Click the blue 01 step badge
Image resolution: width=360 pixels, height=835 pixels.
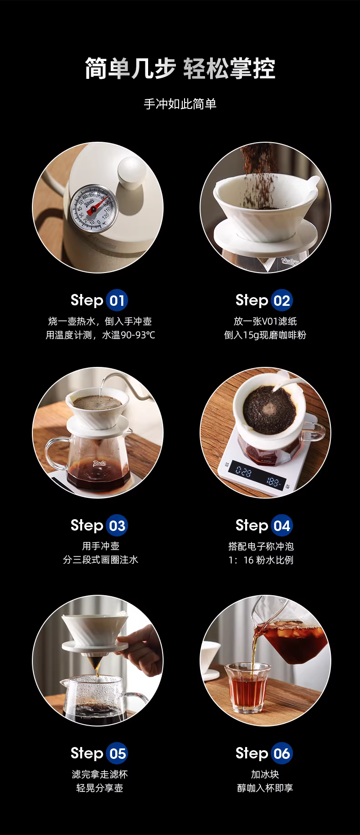pyautogui.click(x=117, y=301)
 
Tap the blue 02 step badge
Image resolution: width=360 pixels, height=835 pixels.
pyautogui.click(x=282, y=301)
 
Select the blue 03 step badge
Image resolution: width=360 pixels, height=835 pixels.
pyautogui.click(x=117, y=526)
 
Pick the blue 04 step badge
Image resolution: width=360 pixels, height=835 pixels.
pyautogui.click(x=282, y=526)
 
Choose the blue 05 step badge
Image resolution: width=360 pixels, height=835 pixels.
pyautogui.click(x=117, y=754)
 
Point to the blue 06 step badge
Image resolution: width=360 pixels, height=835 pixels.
pyautogui.click(x=282, y=754)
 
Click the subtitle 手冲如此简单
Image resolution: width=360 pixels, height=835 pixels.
pyautogui.click(x=180, y=104)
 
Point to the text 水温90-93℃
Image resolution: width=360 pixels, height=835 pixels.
pyautogui.click(x=129, y=335)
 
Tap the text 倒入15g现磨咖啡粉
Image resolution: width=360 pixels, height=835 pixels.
pyautogui.click(x=265, y=335)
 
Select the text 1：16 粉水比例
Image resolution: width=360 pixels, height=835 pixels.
pyautogui.click(x=261, y=560)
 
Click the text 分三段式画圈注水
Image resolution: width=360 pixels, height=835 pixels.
pyautogui.click(x=100, y=560)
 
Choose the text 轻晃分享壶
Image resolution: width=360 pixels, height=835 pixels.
pyautogui.click(x=100, y=788)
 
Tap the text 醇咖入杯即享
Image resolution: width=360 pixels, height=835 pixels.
pyautogui.click(x=265, y=788)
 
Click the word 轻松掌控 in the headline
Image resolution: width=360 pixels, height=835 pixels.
pyautogui.click(x=230, y=69)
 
